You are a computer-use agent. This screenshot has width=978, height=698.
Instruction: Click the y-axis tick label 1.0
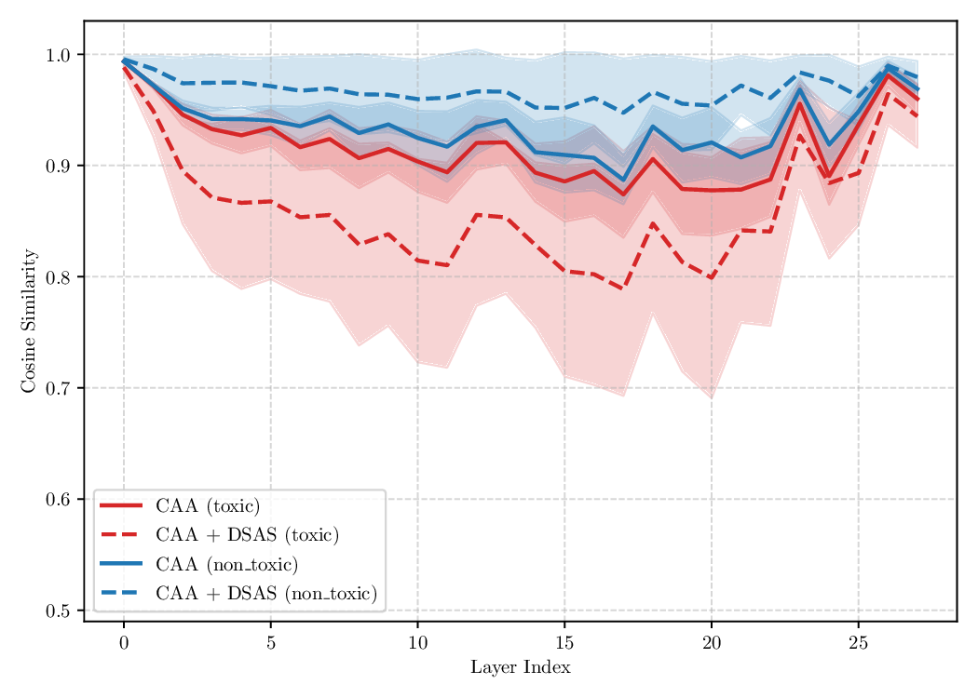click(x=58, y=55)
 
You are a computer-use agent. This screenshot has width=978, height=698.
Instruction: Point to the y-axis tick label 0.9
click(x=58, y=166)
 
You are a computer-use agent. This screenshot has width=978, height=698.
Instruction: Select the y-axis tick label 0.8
click(x=58, y=277)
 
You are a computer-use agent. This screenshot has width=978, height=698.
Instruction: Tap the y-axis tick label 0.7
click(x=58, y=388)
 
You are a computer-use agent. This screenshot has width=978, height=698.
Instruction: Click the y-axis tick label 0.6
click(x=58, y=500)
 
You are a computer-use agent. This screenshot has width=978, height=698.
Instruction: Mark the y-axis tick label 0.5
click(x=58, y=611)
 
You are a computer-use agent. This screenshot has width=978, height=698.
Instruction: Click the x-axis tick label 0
click(x=124, y=642)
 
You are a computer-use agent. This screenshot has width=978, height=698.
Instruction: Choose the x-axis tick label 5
click(x=271, y=642)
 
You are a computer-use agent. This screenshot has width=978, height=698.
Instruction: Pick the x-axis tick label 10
click(x=417, y=642)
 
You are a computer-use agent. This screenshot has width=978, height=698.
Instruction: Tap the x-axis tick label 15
click(x=564, y=642)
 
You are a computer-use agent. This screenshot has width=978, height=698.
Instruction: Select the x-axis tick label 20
click(x=712, y=642)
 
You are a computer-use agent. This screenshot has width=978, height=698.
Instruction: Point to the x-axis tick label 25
click(x=858, y=642)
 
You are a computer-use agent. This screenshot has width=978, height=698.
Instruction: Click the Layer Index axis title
click(x=520, y=668)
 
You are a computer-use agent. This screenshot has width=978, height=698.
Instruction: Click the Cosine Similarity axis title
click(x=28, y=320)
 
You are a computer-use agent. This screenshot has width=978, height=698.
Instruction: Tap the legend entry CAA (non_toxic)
click(x=226, y=565)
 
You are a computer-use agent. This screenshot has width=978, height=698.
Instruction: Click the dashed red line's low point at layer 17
click(x=623, y=288)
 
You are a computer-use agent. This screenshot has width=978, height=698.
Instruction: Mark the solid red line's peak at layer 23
click(x=799, y=102)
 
